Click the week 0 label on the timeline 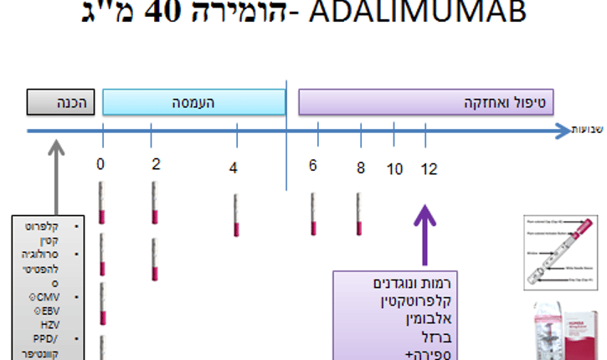[x=100, y=163]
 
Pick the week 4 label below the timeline [x=234, y=167]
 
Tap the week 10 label [x=394, y=169]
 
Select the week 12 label [x=429, y=169]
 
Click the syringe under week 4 [x=237, y=215]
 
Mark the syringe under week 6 [x=313, y=213]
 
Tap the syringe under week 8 [x=358, y=213]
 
